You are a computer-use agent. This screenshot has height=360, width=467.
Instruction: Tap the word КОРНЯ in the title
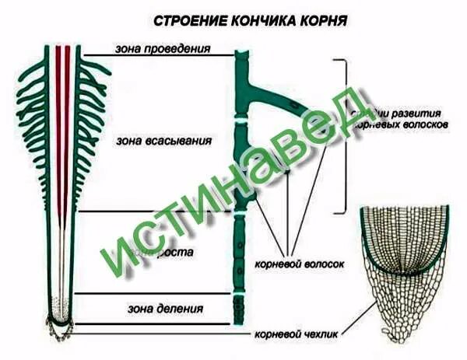[x=321, y=19]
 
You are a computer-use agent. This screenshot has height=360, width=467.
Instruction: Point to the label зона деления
[x=165, y=308]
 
